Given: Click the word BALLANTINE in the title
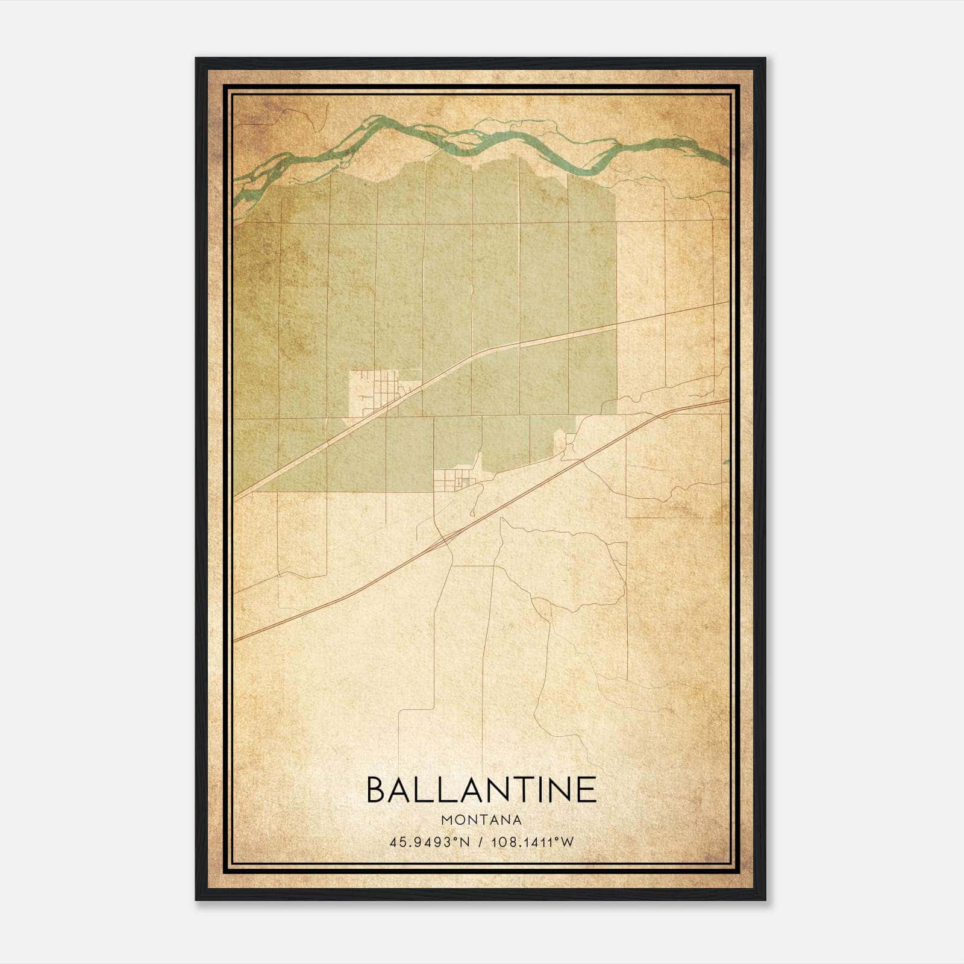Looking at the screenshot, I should click(481, 790).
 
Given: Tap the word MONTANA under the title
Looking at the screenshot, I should click(481, 819).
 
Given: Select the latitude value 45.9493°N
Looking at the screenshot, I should click(428, 842).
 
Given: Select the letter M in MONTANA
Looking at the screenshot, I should click(446, 819).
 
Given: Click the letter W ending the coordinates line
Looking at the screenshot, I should click(568, 842).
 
